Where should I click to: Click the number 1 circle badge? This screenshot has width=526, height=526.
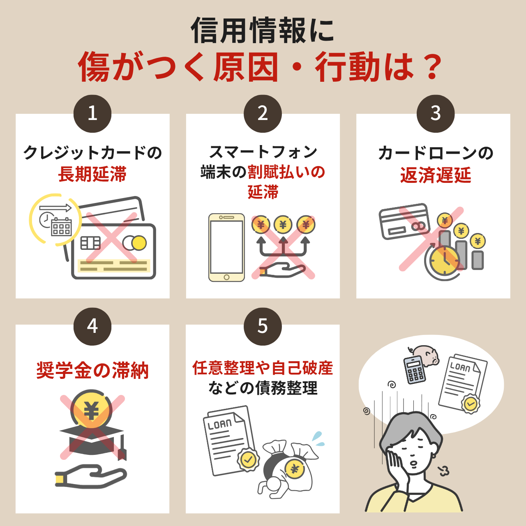pos(92,113)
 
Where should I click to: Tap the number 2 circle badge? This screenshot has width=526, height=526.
pos(263,113)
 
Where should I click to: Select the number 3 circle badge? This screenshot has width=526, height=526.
pos(435,113)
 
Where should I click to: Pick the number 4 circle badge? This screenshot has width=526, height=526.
pos(92,326)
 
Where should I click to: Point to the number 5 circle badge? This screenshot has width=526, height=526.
pos(263,326)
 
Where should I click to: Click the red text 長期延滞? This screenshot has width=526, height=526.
pos(92,174)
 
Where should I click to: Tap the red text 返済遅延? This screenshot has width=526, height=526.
pos(435,175)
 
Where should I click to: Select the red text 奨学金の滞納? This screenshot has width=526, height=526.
pos(92,370)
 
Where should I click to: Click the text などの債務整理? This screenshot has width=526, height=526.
pos(263,388)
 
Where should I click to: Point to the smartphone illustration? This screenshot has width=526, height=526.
pos(226,247)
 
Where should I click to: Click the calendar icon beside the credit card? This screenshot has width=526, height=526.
pos(61,227)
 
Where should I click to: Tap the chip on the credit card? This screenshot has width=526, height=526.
pos(90,243)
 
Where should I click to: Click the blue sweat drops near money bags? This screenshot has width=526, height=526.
pos(318,439)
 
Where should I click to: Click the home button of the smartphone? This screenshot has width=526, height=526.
pos(226,277)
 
